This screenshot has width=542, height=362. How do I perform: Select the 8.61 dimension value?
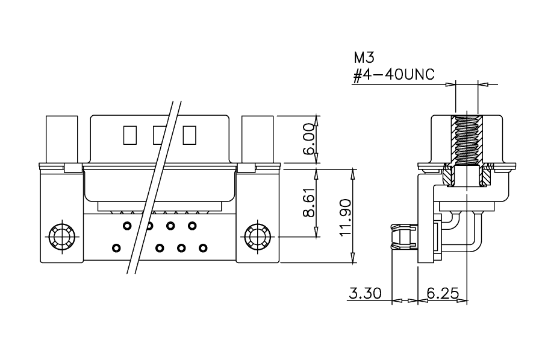[310, 203]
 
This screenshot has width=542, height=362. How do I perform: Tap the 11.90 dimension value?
[346, 218]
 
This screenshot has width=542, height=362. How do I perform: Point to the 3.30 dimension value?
[366, 293]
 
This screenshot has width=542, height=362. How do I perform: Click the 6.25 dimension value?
[443, 293]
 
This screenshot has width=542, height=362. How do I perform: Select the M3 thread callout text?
[364, 58]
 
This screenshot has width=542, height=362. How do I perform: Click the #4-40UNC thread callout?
[393, 74]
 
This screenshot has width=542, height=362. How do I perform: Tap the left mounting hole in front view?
[62, 237]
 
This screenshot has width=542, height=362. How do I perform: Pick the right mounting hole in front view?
[258, 237]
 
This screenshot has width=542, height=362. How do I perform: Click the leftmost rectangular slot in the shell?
[130, 135]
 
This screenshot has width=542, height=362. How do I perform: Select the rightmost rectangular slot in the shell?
[190, 135]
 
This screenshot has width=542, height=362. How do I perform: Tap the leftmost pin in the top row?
[127, 226]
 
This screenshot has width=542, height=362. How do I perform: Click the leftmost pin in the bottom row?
[117, 248]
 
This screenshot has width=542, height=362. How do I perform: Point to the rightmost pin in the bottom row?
[204, 248]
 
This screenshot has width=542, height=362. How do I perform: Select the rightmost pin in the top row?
[192, 226]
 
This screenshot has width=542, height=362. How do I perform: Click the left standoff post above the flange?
[62, 139]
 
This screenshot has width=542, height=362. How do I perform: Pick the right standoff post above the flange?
[258, 139]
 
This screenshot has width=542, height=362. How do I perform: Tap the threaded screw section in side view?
[467, 140]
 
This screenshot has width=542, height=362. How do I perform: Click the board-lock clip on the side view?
[405, 237]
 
